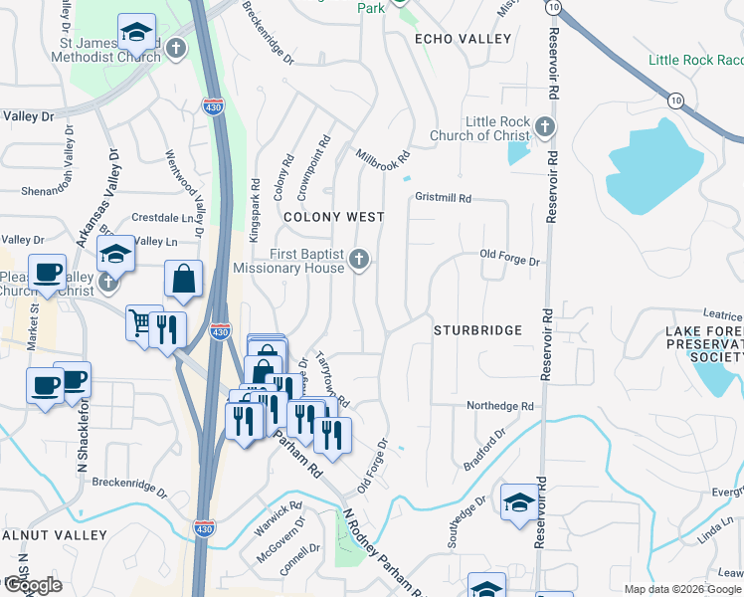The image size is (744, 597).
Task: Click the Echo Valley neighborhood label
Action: [463, 39]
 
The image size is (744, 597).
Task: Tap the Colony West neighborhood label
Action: [333, 216]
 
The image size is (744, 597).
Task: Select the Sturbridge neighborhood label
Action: [477, 329]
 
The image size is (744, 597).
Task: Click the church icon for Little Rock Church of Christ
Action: [544, 126]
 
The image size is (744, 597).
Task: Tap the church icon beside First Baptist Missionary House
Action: [360, 261]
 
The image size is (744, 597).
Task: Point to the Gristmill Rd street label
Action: [444, 198]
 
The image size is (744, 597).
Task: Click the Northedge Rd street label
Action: [501, 406]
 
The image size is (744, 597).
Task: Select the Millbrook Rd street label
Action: [383, 158]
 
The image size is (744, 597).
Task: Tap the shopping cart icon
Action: [140, 322]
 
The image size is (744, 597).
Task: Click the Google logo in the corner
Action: [32, 584]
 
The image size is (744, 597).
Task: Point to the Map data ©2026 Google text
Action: [682, 589]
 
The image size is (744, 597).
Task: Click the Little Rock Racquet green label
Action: [695, 61]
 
